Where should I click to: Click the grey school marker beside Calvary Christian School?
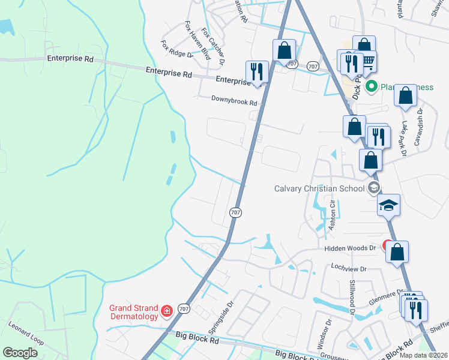coord(374,188)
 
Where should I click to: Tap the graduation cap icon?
coord(388,206)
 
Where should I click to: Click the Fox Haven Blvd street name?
coord(197,41)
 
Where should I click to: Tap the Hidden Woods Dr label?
coord(349,248)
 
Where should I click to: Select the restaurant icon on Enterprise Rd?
coord(256,71)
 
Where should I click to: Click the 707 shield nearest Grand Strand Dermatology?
coord(185,308)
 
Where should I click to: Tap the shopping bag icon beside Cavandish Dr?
coord(406,95)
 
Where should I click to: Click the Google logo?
coord(20,353)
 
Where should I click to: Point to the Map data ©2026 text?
coord(423,355)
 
